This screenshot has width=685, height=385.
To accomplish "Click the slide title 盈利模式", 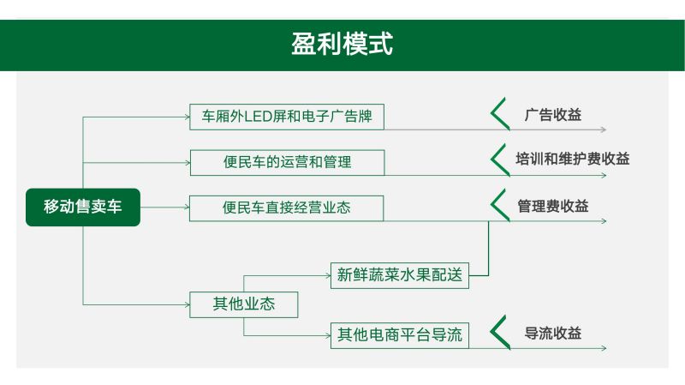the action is click(x=342, y=44).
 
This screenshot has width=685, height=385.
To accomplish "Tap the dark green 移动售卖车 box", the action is click(x=83, y=207).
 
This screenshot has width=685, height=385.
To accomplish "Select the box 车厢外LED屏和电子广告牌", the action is click(x=287, y=117).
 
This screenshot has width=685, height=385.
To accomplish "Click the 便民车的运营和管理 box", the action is click(x=287, y=163).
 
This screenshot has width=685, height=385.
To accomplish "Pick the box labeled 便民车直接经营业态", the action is click(x=287, y=208).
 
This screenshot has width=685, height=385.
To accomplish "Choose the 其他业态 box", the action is click(x=244, y=304).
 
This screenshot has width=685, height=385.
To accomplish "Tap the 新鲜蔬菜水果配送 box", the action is click(x=400, y=275).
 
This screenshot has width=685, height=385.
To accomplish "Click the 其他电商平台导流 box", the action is click(x=400, y=335).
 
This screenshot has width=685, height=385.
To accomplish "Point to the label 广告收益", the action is click(x=552, y=115).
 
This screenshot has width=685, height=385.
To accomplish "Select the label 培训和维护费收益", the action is click(x=572, y=159).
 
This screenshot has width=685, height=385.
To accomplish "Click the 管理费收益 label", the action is click(x=552, y=206).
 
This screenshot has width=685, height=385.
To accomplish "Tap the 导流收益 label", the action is click(x=552, y=334).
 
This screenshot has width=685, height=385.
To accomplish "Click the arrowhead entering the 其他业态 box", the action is click(x=188, y=304).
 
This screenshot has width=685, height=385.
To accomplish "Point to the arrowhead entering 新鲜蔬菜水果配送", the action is click(x=329, y=275).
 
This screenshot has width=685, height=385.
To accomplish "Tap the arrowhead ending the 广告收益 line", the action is click(x=604, y=129).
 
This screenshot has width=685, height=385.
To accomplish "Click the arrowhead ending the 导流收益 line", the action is click(x=604, y=348).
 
